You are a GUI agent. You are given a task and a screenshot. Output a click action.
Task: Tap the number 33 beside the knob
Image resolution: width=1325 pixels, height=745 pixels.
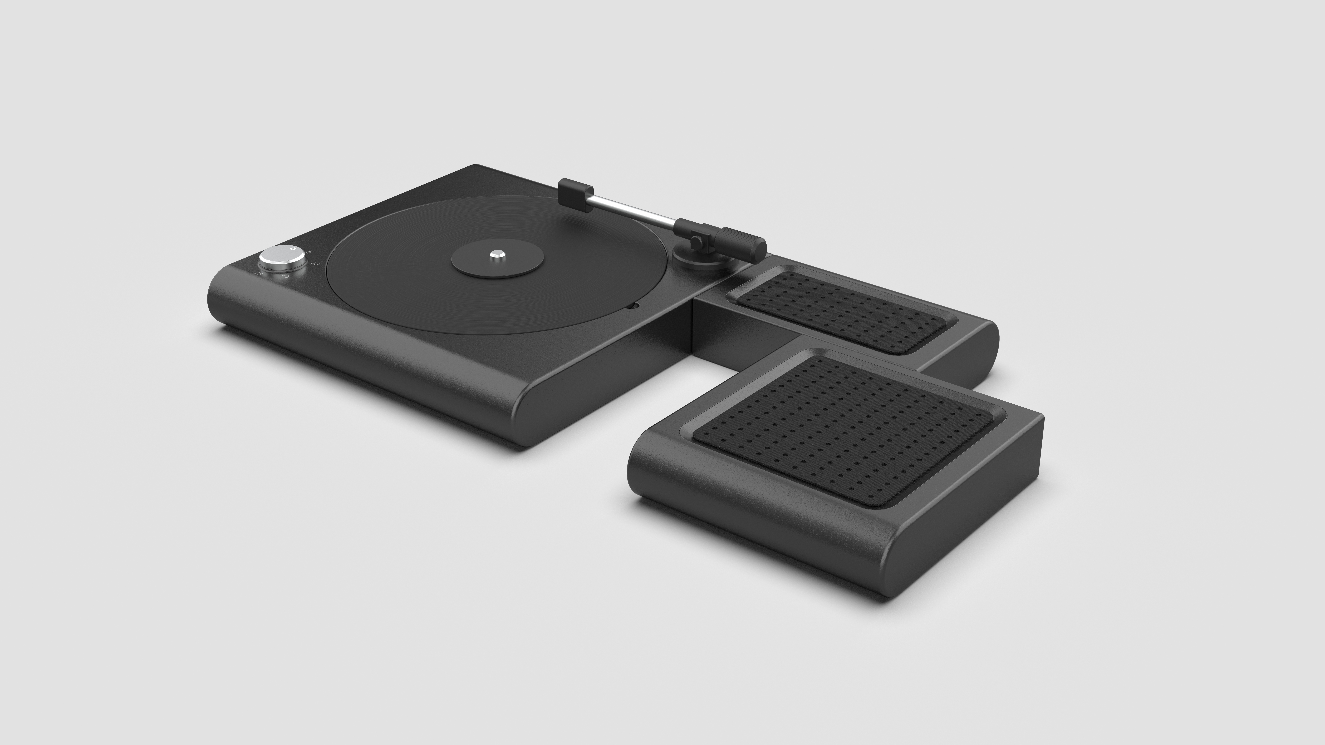pos(315,264)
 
